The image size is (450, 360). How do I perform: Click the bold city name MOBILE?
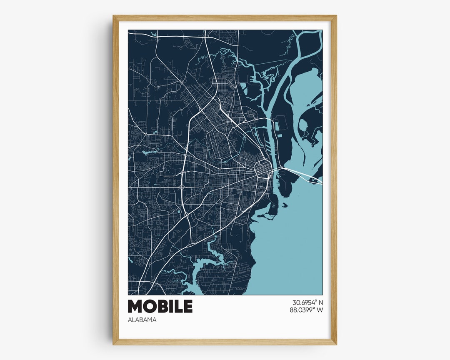(x=160, y=306)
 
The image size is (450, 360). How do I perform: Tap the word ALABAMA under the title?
(x=142, y=320)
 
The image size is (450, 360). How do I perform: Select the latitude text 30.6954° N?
(x=307, y=302)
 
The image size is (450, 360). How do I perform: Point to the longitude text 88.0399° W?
(x=307, y=310)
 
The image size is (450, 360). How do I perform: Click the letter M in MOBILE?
(x=135, y=306)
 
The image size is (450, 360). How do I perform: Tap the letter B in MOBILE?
(x=162, y=306)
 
